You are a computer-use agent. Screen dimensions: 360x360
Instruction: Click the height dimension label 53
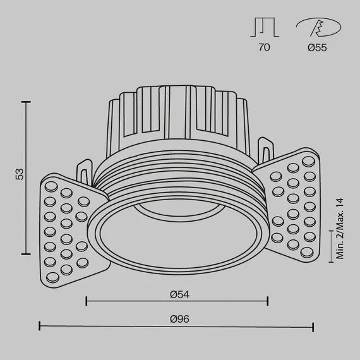19,174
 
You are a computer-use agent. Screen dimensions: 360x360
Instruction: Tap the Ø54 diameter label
180,292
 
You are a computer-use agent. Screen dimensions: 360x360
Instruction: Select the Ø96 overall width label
180,319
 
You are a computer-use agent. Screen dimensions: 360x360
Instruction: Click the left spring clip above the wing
83,172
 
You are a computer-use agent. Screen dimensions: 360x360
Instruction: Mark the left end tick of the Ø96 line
40,327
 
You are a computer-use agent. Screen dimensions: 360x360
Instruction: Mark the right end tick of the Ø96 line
313,327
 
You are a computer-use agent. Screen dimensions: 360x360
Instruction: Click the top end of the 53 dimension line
26,100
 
